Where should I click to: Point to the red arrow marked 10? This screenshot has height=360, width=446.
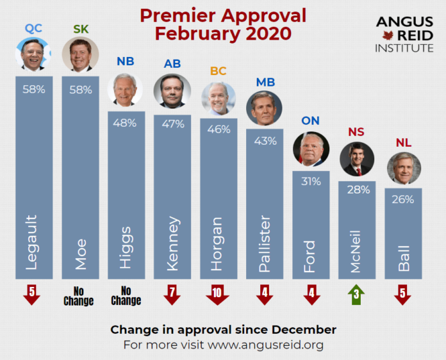(218, 295)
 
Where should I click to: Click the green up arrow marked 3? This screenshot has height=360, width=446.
(356, 295)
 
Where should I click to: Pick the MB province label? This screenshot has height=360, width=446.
(265, 83)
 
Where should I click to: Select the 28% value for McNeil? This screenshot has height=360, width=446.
(357, 191)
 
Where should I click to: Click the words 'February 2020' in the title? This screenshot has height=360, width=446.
(223, 33)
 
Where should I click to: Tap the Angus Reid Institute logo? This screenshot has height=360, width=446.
(404, 34)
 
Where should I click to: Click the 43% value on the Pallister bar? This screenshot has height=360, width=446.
(265, 139)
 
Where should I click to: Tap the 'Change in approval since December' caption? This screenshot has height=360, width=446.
(223, 329)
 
